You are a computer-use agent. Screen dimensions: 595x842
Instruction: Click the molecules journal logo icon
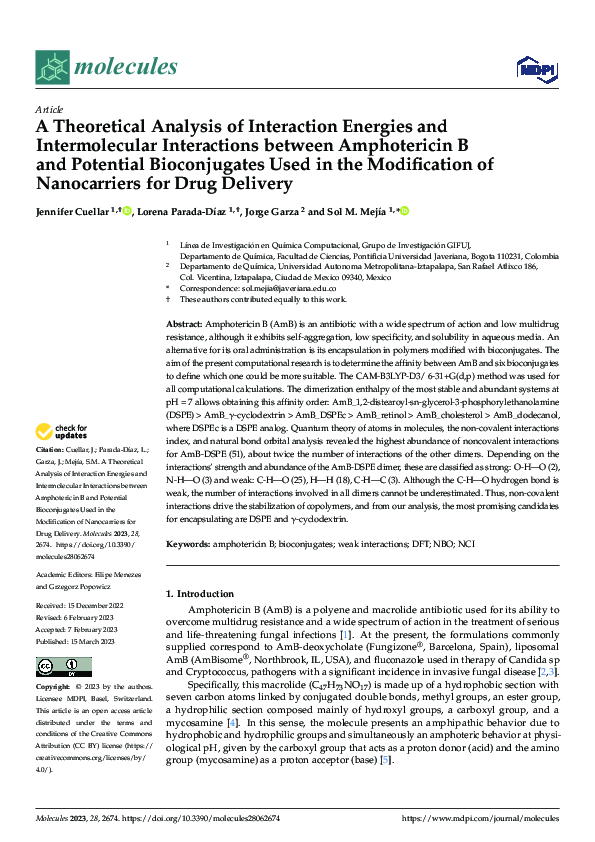point(52,66)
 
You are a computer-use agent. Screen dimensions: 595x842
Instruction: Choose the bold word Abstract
point(182,326)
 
